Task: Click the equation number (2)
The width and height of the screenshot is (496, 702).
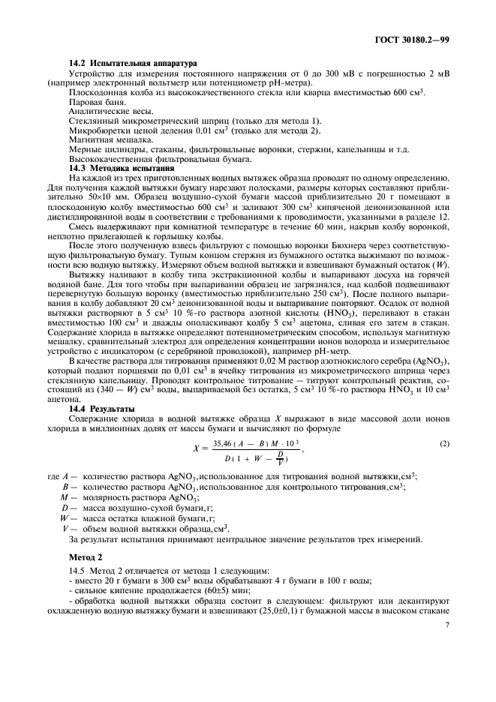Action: pyautogui.click(x=444, y=443)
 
